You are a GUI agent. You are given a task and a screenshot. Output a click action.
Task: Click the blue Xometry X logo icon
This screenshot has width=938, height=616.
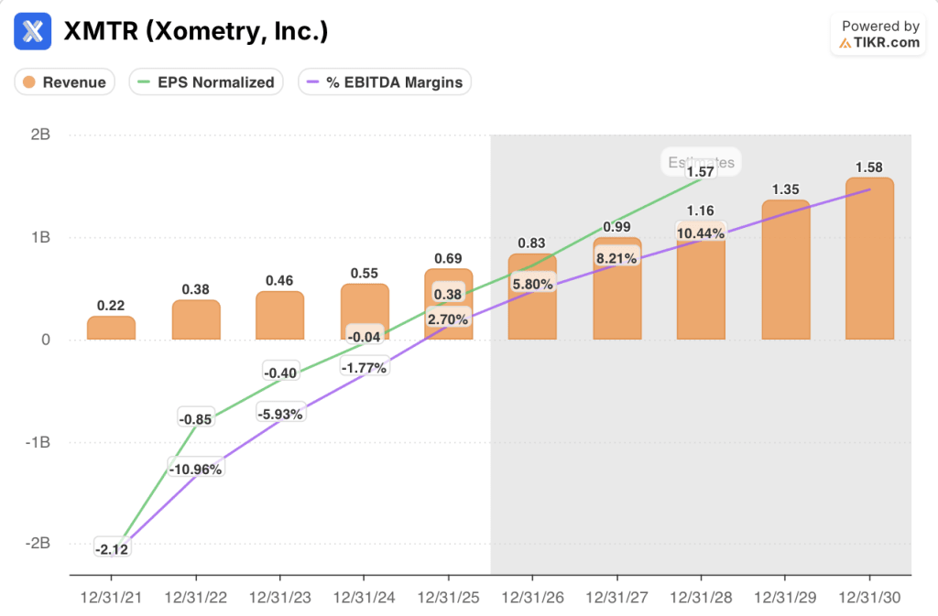click(33, 31)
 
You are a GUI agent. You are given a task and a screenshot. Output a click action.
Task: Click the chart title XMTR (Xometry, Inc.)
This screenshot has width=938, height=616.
click(195, 31)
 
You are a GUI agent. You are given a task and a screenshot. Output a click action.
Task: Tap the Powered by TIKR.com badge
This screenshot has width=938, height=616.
click(879, 35)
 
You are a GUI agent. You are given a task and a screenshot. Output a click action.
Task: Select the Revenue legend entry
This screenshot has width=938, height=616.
click(64, 82)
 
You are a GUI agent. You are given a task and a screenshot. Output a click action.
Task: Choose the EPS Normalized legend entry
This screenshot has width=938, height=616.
click(205, 82)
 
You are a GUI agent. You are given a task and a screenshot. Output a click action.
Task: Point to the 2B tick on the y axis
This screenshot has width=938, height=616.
click(39, 135)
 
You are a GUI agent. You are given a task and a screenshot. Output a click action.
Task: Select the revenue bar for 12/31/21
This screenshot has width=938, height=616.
click(111, 329)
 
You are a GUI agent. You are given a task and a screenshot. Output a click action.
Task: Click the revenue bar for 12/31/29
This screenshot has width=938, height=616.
click(785, 270)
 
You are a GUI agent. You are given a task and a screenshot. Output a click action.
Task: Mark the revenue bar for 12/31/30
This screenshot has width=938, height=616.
click(869, 258)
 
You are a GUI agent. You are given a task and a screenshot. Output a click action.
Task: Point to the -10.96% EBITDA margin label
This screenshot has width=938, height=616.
click(195, 469)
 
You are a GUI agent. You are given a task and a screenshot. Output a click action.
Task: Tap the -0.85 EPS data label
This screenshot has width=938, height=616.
click(195, 419)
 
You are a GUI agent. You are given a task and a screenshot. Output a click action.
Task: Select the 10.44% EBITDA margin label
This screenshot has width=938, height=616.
click(701, 232)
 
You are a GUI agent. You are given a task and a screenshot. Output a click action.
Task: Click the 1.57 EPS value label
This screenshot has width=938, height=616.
click(701, 172)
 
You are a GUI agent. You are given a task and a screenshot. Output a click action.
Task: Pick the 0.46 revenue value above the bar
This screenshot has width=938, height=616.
click(279, 281)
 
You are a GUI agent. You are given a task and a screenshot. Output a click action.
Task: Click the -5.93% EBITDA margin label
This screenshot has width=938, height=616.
click(279, 413)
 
